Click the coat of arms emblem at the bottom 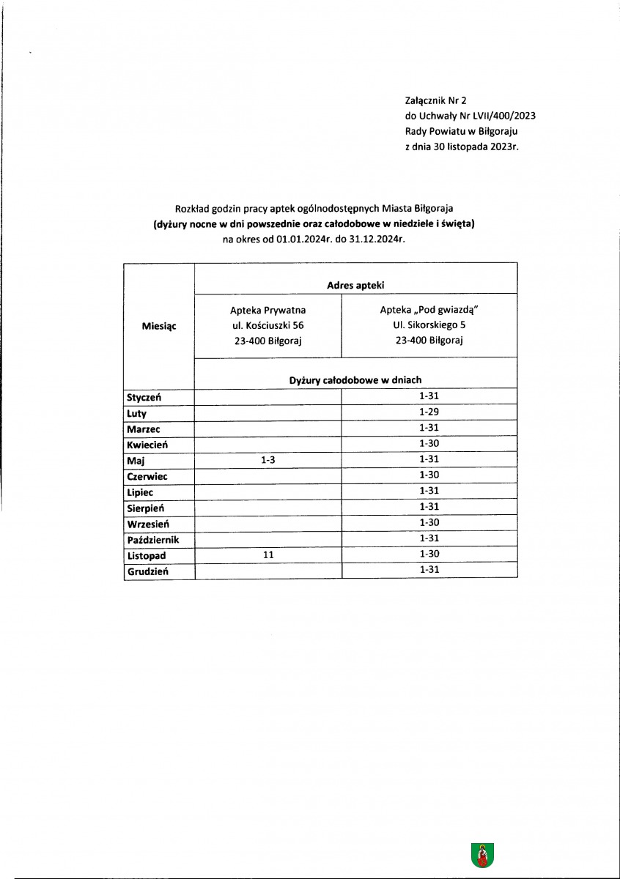482,855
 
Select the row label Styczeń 144,397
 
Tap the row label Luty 137,413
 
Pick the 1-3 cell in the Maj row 267,460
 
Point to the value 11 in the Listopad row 267,555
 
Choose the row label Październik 153,540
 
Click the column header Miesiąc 158,326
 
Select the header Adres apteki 355,284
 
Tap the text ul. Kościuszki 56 267,325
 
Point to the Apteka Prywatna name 267,311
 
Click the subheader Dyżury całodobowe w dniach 355,379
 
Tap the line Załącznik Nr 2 435,102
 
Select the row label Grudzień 147,571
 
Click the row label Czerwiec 147,476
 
